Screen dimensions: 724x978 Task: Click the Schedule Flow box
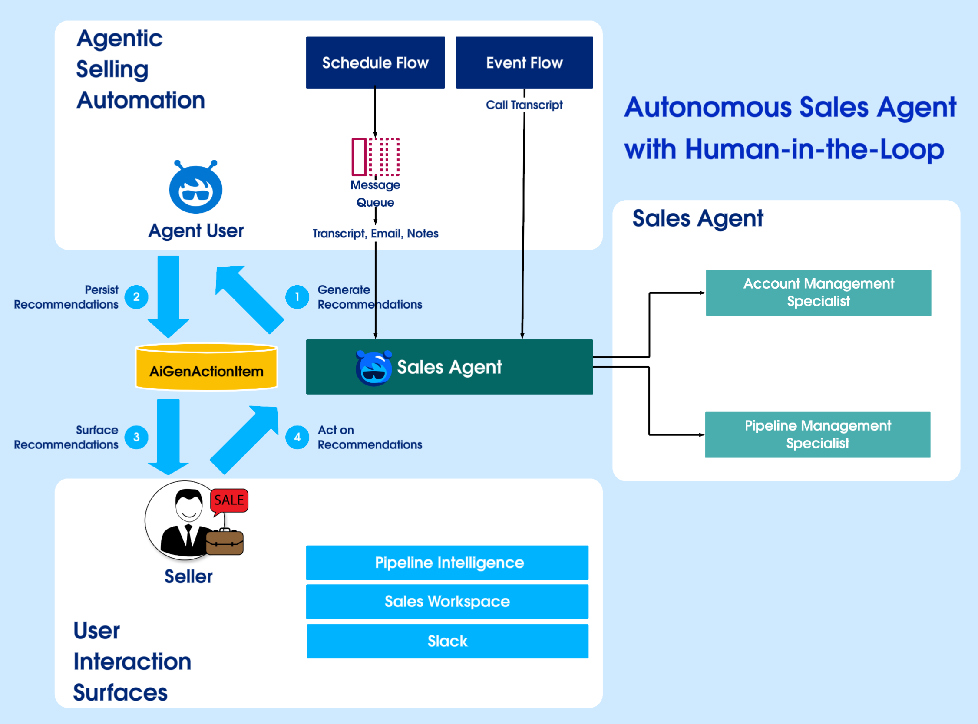point(375,63)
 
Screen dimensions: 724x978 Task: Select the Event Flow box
point(524,63)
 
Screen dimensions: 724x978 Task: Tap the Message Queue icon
point(376,156)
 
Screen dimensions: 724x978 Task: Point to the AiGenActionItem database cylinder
point(206,367)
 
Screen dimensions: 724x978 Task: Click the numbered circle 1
point(297,297)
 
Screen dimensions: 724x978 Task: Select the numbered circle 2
point(136,297)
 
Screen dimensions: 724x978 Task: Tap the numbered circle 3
point(136,437)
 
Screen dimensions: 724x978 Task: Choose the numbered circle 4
point(297,437)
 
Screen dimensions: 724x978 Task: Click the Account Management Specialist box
point(818,293)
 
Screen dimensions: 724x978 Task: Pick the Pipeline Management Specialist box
point(818,434)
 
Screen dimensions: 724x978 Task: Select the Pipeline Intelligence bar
point(447,563)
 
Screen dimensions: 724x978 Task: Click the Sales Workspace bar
point(447,601)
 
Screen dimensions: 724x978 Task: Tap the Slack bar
point(447,641)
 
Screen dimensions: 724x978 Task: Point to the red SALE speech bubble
point(229,500)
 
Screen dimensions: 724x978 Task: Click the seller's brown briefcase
point(225,543)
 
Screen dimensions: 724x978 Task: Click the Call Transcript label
point(524,105)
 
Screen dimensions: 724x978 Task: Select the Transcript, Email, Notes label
point(375,234)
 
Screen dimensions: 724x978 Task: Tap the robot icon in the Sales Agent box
point(373,368)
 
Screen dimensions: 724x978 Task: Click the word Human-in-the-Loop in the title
point(814,150)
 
